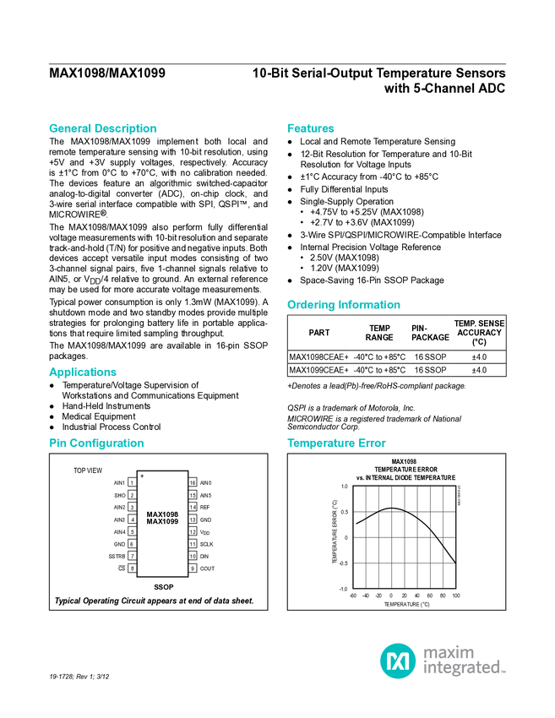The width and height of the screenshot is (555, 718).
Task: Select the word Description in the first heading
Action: [x=126, y=129]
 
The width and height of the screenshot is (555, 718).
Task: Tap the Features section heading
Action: [x=311, y=129]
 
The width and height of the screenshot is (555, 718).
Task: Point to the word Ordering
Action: [x=310, y=305]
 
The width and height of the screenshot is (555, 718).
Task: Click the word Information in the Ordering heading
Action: [x=370, y=305]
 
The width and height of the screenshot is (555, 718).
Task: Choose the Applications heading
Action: [x=83, y=373]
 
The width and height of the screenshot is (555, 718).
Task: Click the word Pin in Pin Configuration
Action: [x=57, y=443]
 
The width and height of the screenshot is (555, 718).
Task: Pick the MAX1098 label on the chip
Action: [x=162, y=514]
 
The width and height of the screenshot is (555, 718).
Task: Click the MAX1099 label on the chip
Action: [x=162, y=522]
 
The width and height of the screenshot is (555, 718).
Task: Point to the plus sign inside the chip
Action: [x=142, y=476]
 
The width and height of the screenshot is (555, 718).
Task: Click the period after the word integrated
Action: [x=505, y=672]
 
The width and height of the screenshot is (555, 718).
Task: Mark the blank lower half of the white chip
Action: [x=162, y=552]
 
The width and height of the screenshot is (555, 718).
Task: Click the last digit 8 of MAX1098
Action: [x=176, y=514]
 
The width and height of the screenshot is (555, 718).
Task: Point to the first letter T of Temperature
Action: [x=290, y=443]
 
